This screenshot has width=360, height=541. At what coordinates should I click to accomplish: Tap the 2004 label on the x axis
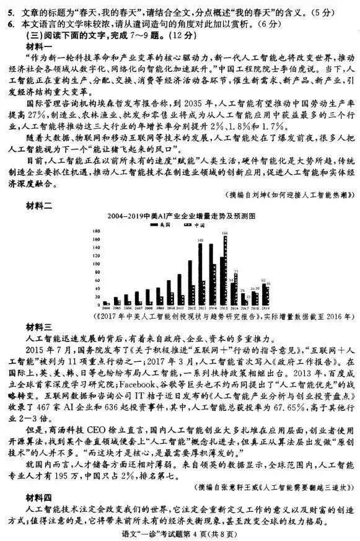[x=106, y=307]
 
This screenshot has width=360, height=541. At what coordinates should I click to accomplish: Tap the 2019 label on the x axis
[x=266, y=307]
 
